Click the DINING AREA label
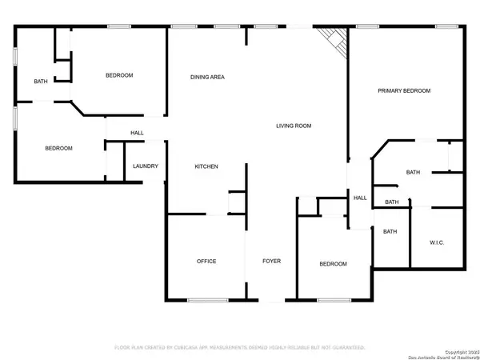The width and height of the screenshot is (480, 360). [x=206, y=78]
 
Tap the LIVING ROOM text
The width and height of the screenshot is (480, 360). [x=294, y=126]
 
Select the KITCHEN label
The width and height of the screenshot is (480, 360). [x=206, y=166]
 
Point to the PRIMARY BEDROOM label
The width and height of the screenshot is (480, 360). [x=404, y=91]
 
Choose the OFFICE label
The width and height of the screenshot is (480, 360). [x=206, y=262]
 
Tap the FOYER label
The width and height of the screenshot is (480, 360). [x=270, y=262]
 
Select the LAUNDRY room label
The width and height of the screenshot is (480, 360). [x=146, y=166]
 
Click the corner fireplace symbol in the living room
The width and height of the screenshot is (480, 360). [x=333, y=40]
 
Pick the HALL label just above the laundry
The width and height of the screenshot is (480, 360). [x=137, y=133]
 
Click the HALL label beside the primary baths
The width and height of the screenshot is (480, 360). [x=360, y=198]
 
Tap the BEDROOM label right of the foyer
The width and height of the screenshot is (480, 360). [x=333, y=264]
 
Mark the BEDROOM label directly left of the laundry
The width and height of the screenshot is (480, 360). [x=58, y=148]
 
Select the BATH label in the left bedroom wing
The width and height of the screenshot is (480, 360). [x=39, y=82]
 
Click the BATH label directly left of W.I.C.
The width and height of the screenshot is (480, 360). [x=390, y=232]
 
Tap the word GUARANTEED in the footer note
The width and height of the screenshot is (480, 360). [x=344, y=348]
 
